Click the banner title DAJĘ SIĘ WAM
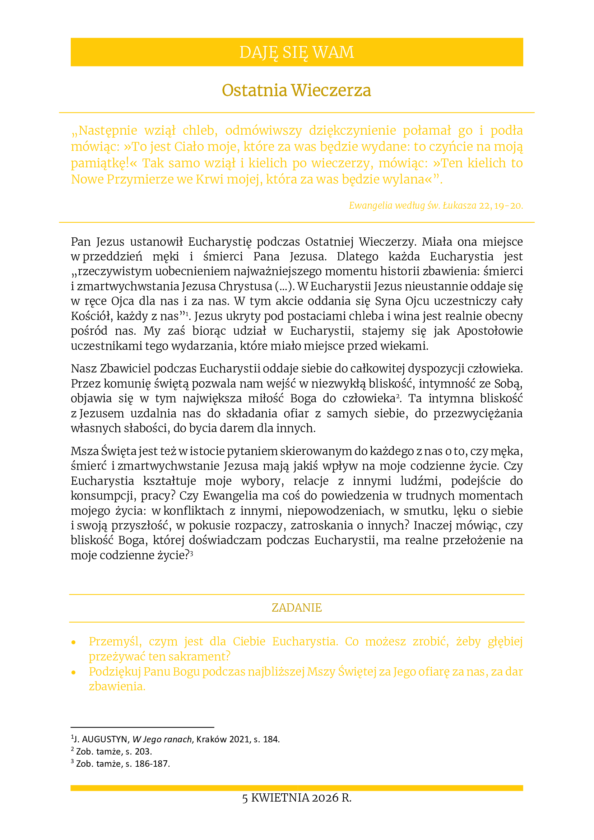point(297,52)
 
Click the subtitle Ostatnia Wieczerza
point(297,91)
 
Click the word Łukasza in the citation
point(459,206)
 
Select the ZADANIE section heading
point(297,608)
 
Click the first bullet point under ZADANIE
point(74,642)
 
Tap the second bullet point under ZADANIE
point(74,672)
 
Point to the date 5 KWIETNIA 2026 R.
point(297,798)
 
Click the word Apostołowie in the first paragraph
point(489,331)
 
